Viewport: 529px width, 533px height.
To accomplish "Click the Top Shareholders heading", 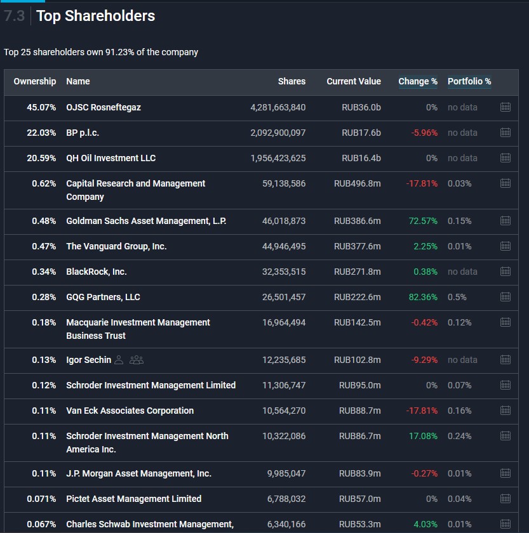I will tap(95, 16).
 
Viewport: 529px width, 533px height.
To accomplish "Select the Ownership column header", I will tap(35, 81).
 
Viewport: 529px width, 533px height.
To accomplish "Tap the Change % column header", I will tap(418, 81).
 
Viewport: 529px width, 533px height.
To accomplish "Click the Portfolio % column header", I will tap(469, 81).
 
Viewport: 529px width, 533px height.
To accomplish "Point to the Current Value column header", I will tap(354, 81).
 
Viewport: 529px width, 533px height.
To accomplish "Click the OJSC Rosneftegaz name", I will tap(104, 107).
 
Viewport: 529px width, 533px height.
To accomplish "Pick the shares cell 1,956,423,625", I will tap(278, 158).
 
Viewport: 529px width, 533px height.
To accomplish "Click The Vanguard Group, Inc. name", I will tap(116, 246).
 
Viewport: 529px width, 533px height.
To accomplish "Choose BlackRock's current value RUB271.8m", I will tap(358, 272).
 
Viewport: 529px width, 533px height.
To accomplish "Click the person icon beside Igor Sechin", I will tap(119, 360).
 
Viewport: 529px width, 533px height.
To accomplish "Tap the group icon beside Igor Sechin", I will tap(137, 360).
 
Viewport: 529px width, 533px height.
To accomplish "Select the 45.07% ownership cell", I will tap(41, 107).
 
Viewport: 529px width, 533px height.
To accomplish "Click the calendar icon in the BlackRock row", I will tap(506, 272).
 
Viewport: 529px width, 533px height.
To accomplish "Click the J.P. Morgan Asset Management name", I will tap(138, 473).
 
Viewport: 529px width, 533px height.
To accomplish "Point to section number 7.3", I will tap(14, 16).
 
